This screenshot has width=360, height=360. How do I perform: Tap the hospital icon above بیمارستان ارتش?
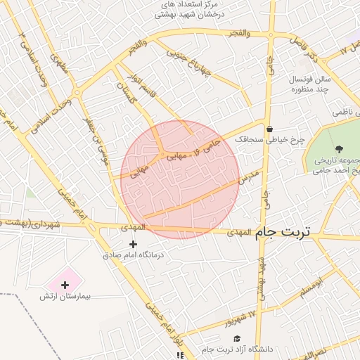(65, 285)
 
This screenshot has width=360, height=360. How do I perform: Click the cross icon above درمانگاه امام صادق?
(134, 243)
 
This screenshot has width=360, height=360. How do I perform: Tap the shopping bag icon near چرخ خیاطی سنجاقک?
(270, 129)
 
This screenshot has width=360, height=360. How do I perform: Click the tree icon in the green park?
(340, 149)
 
